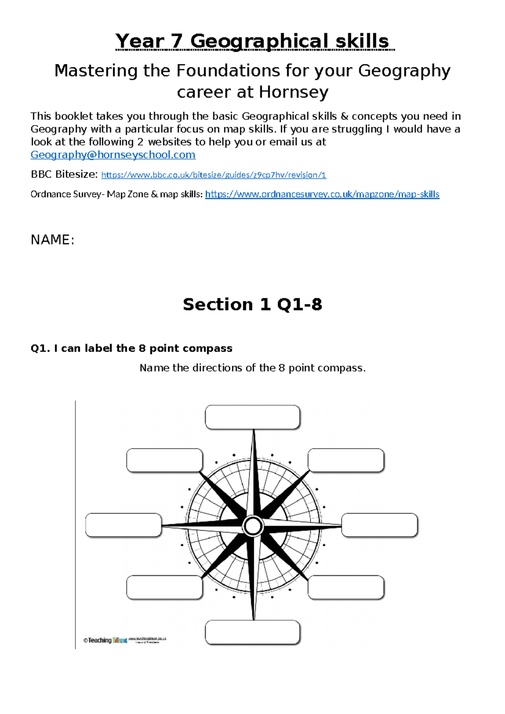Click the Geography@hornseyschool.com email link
click(113, 155)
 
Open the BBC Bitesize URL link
click(213, 175)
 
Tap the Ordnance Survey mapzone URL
click(322, 194)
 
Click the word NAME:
click(52, 240)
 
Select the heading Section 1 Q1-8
click(252, 304)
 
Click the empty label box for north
click(252, 417)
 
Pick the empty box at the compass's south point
click(252, 632)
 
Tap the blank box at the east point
click(379, 525)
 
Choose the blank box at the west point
click(123, 525)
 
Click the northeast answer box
click(346, 460)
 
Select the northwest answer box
click(165, 460)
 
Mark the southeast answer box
click(346, 587)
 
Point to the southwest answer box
click(165, 587)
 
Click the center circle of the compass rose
click(253, 526)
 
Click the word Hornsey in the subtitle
click(293, 92)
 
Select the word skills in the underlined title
click(362, 41)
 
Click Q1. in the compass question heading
click(40, 349)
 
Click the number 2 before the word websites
click(140, 142)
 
